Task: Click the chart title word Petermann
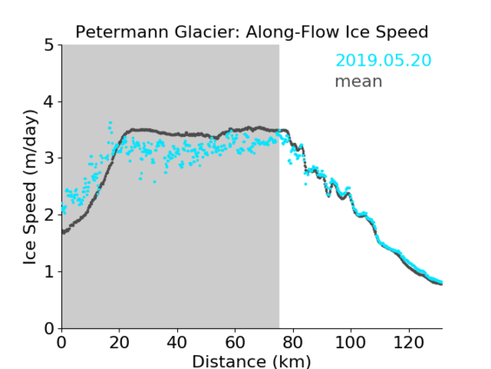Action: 123,32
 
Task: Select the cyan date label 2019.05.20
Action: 383,61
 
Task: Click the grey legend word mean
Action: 359,81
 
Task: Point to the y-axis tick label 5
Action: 49,46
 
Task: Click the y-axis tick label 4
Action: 49,102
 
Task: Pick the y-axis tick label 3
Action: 49,159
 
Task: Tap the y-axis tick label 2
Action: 49,215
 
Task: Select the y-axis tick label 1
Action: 49,272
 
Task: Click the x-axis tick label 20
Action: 119,342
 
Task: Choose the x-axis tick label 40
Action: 177,342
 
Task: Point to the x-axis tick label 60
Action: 235,342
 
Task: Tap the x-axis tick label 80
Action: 293,342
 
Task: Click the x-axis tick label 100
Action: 350,342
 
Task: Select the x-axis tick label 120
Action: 409,342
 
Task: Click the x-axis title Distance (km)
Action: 252,361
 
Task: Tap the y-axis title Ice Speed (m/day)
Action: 30,187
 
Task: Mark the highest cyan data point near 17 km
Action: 111,123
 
